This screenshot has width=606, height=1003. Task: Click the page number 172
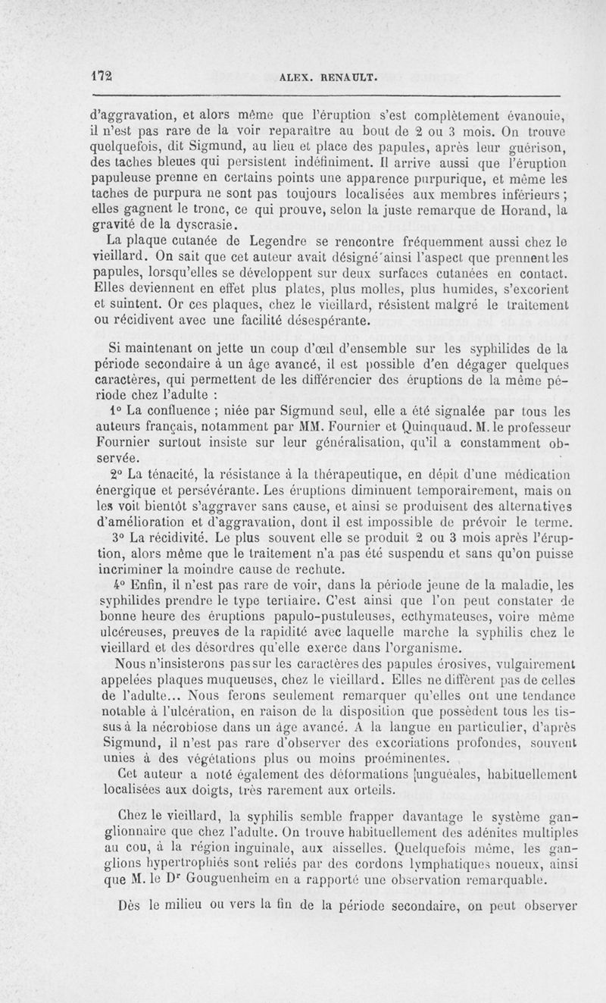click(102, 76)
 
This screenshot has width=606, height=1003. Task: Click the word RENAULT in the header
click(347, 77)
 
